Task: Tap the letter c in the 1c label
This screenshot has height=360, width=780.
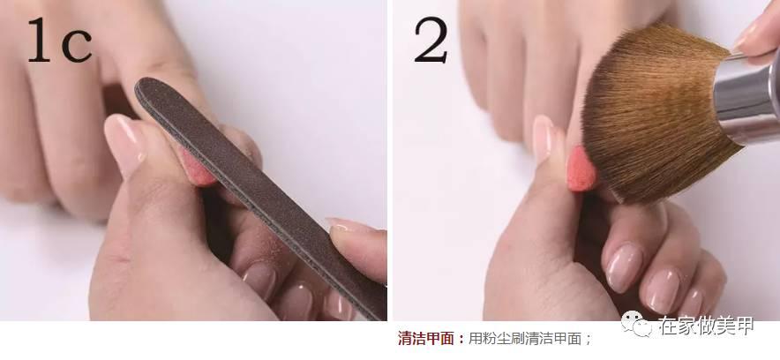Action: [x=77, y=46]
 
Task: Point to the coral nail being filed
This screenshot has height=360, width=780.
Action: [x=196, y=165]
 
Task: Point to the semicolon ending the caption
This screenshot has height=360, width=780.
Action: [x=588, y=338]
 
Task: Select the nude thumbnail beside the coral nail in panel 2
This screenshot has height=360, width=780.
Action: [x=547, y=139]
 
